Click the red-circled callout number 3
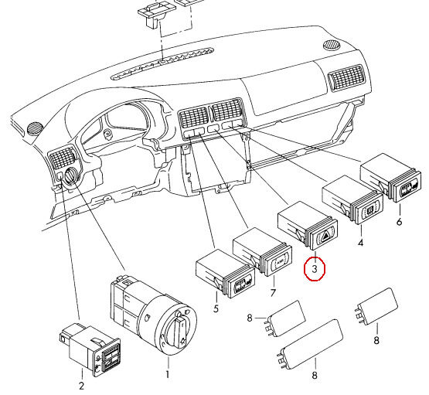[x=315, y=269]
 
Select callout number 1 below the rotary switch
[x=168, y=374]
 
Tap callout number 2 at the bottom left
[x=81, y=386]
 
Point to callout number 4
[x=361, y=243]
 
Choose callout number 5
[x=216, y=308]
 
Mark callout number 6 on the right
[x=400, y=221]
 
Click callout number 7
[x=273, y=293]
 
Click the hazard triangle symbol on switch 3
[x=328, y=235]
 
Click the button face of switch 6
[x=409, y=188]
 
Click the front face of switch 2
[x=110, y=359]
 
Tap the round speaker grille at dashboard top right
[x=332, y=45]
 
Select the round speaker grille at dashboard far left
[x=35, y=128]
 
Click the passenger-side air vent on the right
[x=347, y=78]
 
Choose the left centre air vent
[x=193, y=117]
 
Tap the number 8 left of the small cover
[x=250, y=318]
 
